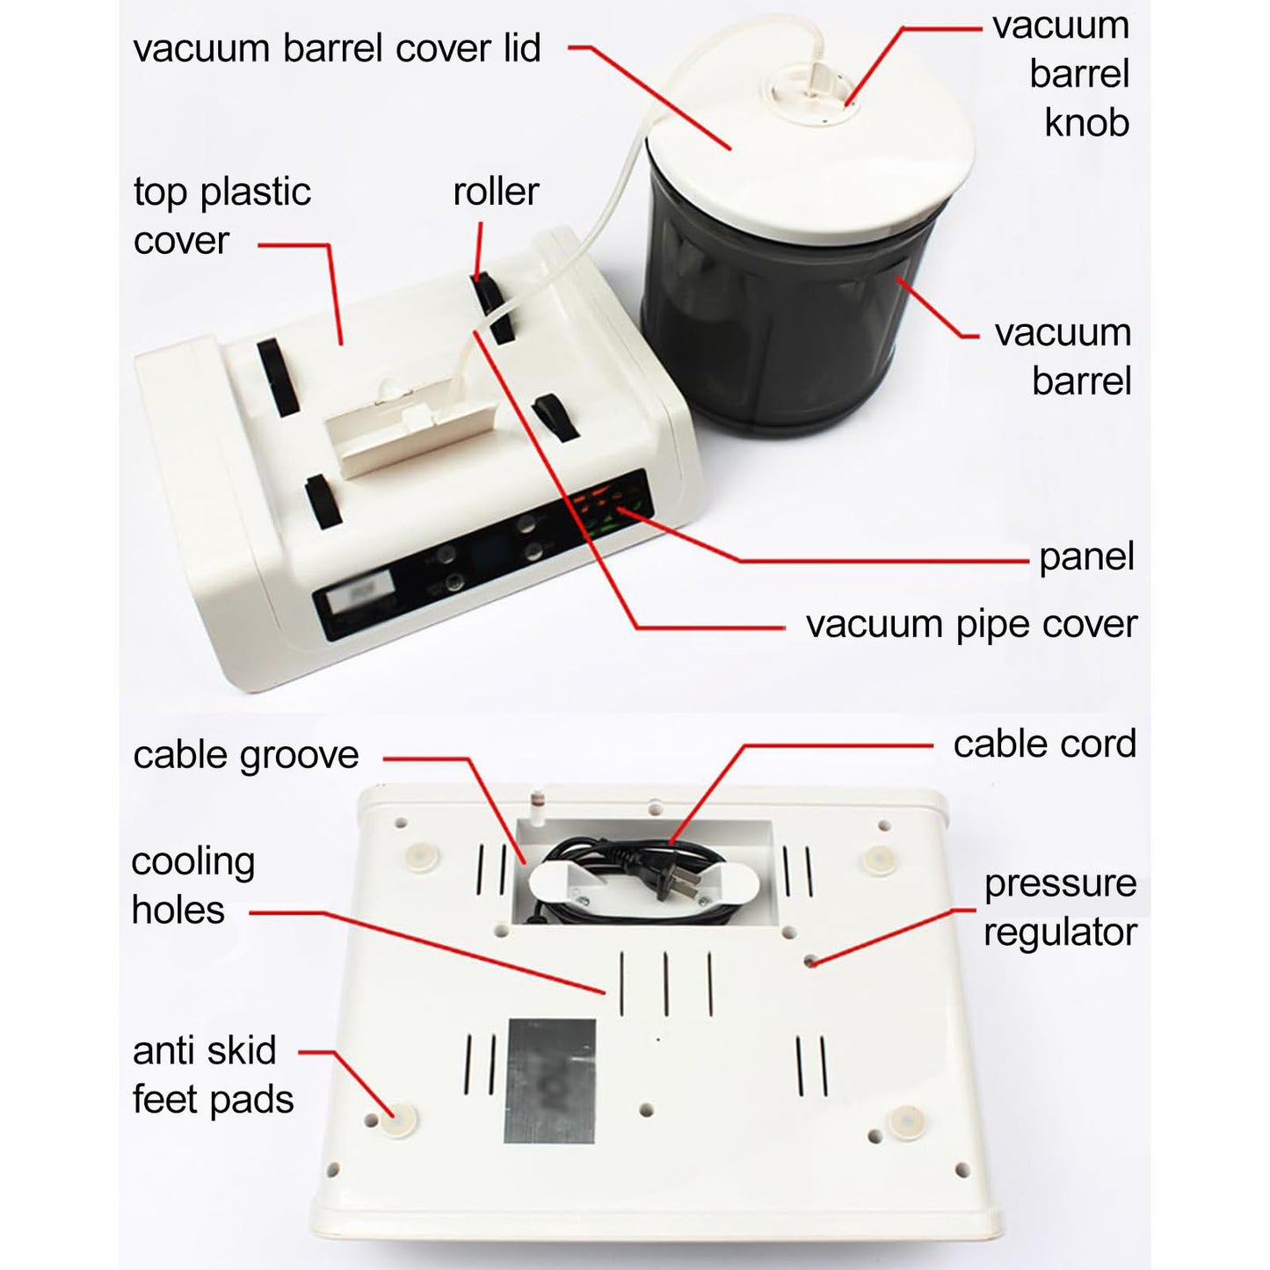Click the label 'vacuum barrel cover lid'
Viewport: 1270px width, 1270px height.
point(337,48)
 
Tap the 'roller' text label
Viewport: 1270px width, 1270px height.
point(496,192)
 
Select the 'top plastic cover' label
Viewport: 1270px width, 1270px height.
point(221,216)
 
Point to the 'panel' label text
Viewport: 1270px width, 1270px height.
point(1086,556)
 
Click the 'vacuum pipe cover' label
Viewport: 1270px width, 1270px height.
point(971,624)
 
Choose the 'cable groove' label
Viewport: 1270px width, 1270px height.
point(246,755)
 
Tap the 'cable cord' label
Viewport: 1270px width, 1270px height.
point(1044,744)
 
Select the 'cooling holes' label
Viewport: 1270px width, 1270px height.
point(192,886)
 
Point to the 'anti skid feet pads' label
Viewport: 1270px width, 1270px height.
point(213,1075)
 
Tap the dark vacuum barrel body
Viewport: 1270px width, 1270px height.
point(773,334)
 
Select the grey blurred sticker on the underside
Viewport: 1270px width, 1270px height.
point(550,1081)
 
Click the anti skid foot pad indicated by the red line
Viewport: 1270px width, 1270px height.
point(399,1121)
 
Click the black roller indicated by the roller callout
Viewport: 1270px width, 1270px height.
point(491,308)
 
